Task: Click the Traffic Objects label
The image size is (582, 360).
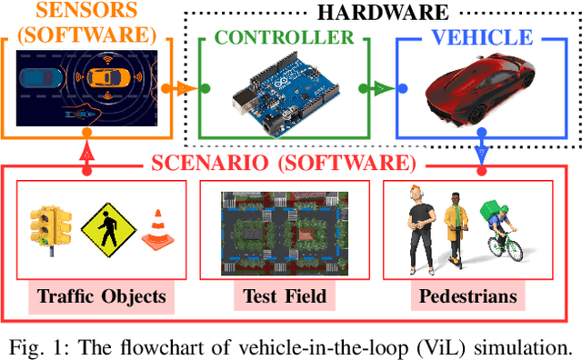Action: coord(102,296)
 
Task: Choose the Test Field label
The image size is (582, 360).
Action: coord(284,296)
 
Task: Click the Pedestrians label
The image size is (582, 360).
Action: coord(467,296)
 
